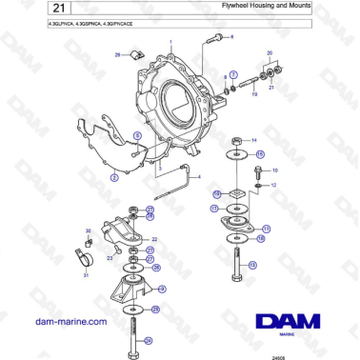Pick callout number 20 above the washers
click(x=270, y=52)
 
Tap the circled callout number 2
click(x=113, y=177)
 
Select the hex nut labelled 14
click(x=235, y=139)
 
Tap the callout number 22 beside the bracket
click(x=155, y=239)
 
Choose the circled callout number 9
click(x=163, y=289)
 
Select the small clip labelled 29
click(x=135, y=56)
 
